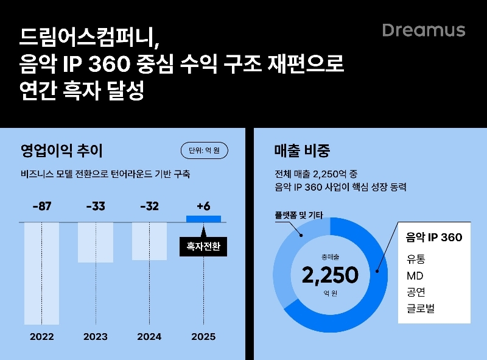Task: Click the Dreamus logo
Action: click(x=424, y=30)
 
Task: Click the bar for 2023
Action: click(x=96, y=242)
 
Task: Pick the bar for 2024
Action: click(x=149, y=241)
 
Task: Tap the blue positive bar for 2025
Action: click(x=203, y=219)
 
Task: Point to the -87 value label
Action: click(x=41, y=206)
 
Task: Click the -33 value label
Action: click(x=96, y=206)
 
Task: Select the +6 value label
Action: click(x=203, y=206)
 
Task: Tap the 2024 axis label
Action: click(x=149, y=337)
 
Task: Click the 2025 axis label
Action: click(x=203, y=337)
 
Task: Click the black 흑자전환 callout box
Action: click(x=203, y=247)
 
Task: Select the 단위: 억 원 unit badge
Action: click(x=204, y=150)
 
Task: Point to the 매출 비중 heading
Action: click(x=302, y=150)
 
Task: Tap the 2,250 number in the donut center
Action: click(x=330, y=275)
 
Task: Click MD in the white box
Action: click(x=415, y=276)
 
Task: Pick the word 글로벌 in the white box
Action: click(x=421, y=309)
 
